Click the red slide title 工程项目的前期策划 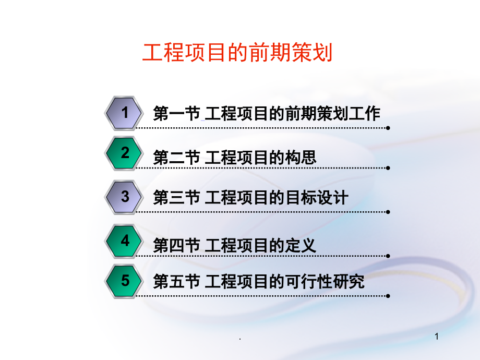coord(237,53)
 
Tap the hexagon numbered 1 coord(124,113)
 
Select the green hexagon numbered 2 coord(124,153)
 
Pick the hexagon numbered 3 coord(124,197)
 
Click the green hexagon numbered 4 coord(124,241)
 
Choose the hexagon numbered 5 coord(124,281)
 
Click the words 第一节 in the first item coord(177,114)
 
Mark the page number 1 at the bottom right coord(437,337)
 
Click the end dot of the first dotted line coord(388,128)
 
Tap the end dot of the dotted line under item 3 coord(388,212)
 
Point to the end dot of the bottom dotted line coord(388,296)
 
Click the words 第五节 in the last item coord(177,281)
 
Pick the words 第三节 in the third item coord(177,197)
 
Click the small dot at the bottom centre coord(240,339)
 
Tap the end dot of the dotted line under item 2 coord(388,168)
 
